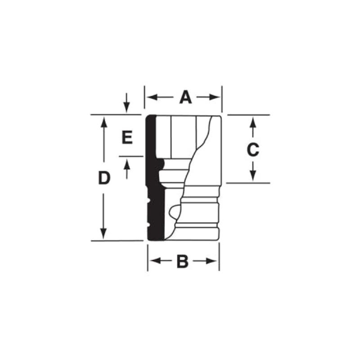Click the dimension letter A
[x=185, y=97]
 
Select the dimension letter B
[x=182, y=261]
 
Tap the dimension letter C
[x=253, y=149]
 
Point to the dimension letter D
[x=104, y=178]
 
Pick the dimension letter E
[x=127, y=137]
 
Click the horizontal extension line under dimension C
[x=247, y=183]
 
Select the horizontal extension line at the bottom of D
[x=117, y=241]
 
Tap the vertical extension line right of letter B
[x=219, y=259]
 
